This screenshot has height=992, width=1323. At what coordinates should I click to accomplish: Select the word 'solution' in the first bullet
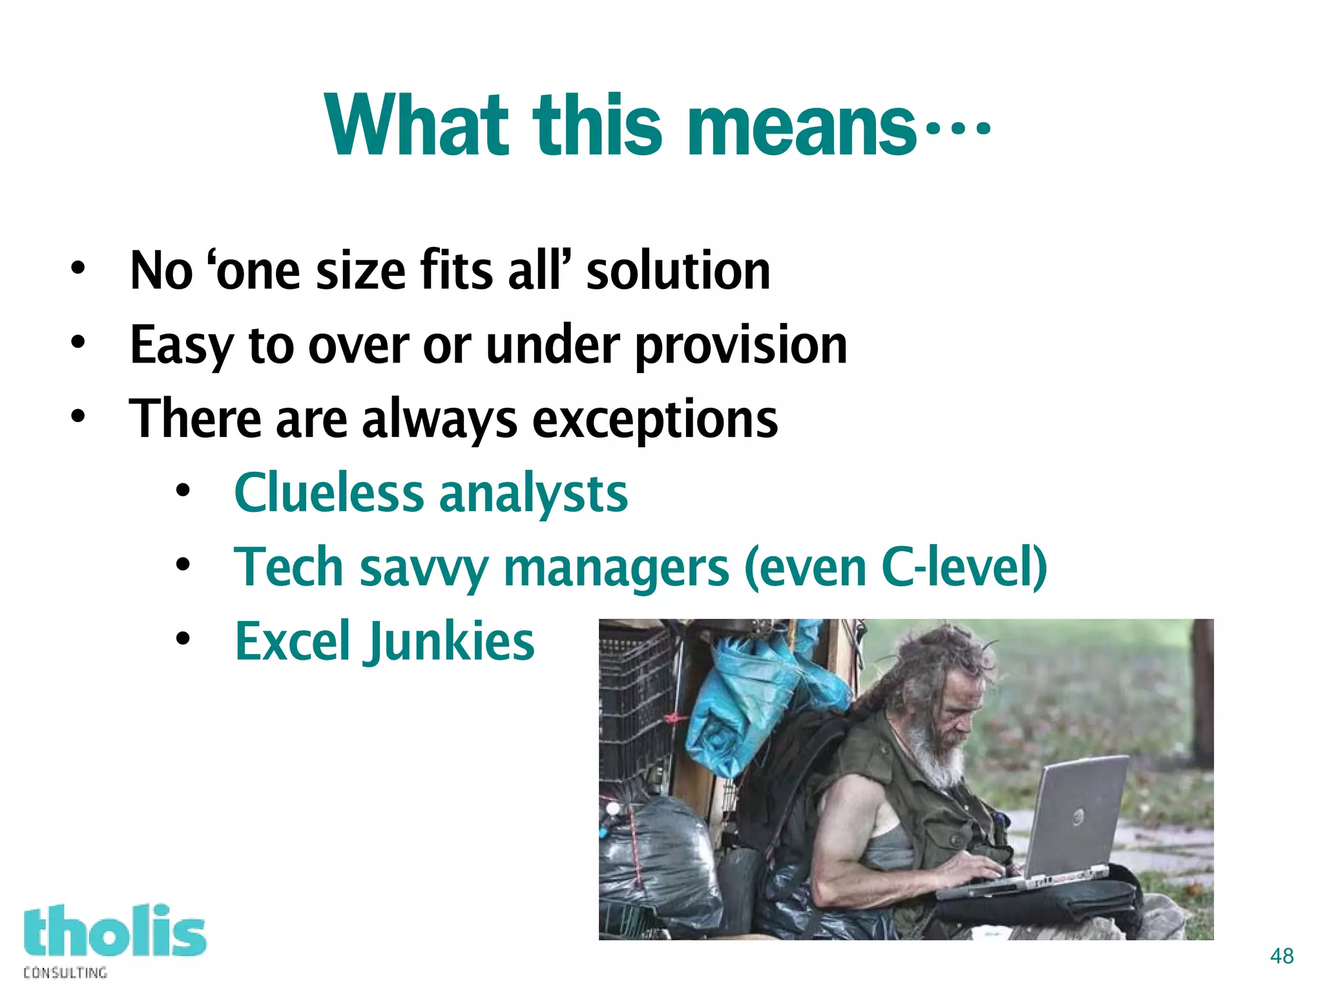tap(678, 271)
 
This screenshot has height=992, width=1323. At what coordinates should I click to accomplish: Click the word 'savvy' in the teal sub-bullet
tap(424, 569)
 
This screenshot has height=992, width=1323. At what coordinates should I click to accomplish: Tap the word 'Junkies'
tap(452, 642)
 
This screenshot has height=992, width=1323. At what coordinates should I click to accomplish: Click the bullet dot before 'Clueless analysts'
tap(183, 491)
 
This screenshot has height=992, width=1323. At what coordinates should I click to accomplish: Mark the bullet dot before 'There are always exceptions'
tap(78, 416)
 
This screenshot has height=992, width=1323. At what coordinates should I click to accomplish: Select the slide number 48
tap(1282, 956)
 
